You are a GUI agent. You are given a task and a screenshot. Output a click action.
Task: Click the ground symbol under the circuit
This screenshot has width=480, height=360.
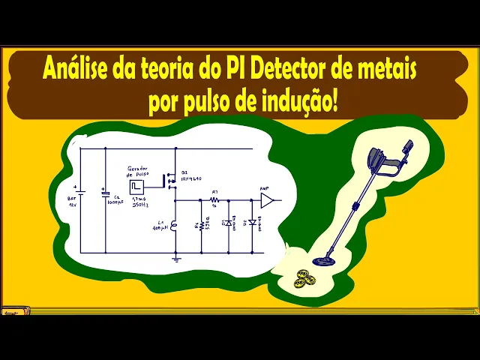point(176,258)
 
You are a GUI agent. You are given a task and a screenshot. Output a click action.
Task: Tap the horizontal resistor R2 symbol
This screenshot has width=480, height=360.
point(214,201)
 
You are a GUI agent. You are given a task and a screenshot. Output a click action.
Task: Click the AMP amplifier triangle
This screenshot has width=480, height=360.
point(266,200)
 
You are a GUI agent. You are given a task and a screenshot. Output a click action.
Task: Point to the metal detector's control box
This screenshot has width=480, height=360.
point(386,162)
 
